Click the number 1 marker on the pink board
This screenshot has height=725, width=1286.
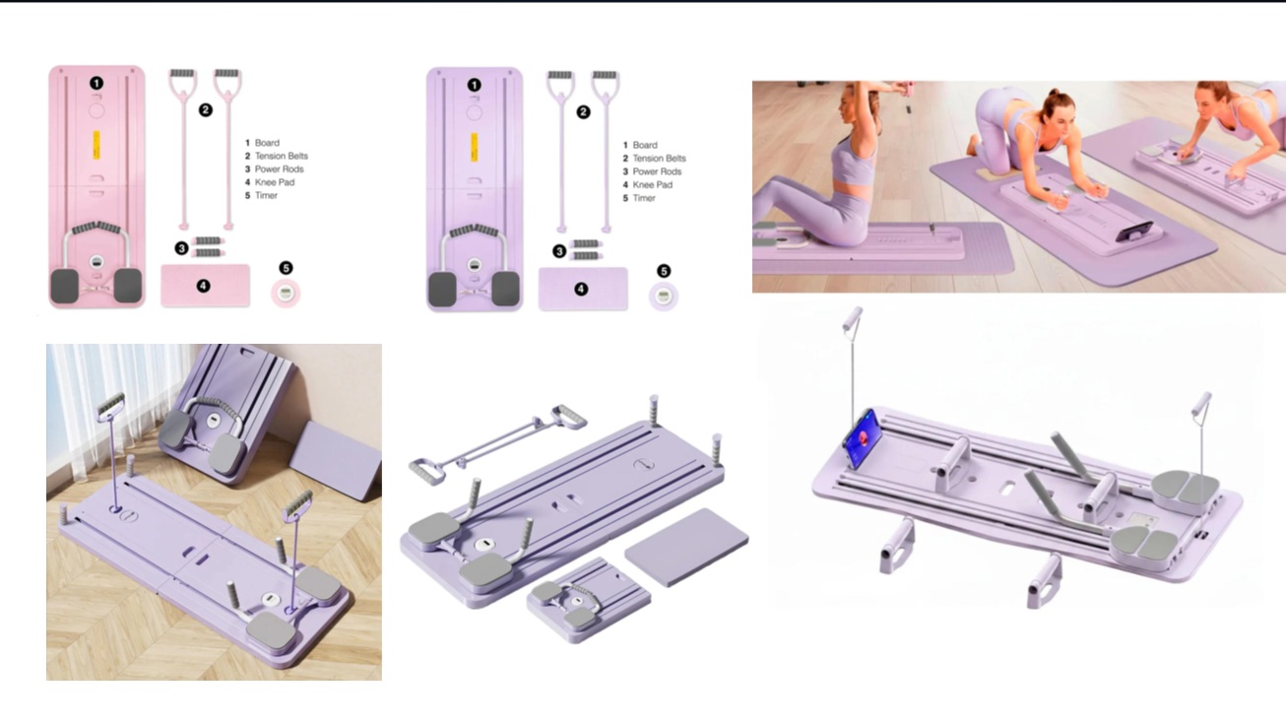point(96,84)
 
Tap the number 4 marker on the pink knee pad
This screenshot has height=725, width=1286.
point(203,286)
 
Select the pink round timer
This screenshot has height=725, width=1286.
point(286,294)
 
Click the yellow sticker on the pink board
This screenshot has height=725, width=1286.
point(96,146)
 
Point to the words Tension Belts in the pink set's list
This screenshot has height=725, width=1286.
point(282,156)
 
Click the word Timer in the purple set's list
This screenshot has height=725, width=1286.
point(644,198)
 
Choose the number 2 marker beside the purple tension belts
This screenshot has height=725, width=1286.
point(583,112)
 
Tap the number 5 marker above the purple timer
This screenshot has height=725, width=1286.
point(664,271)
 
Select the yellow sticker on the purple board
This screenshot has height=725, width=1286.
point(475,147)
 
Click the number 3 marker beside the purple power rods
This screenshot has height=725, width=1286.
point(559,251)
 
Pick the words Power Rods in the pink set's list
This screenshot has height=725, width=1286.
point(279,168)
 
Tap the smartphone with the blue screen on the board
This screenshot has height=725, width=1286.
point(863,438)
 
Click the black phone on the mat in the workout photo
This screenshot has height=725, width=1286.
point(1133,231)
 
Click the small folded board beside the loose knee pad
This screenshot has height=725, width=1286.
point(589,600)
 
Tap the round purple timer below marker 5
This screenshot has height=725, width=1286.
point(663,297)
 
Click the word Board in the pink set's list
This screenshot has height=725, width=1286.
point(267,143)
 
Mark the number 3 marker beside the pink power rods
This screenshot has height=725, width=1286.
point(181,248)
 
